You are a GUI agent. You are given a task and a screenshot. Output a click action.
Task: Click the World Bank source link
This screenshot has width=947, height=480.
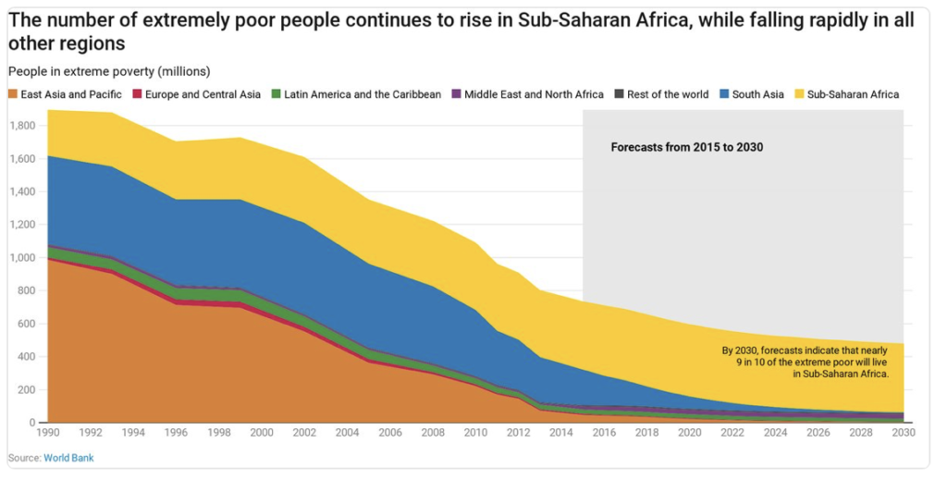pos(69,458)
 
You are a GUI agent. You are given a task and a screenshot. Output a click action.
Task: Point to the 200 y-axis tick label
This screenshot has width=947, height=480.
pos(27,389)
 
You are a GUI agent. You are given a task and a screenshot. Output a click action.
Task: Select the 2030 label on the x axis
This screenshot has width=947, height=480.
pos(904,433)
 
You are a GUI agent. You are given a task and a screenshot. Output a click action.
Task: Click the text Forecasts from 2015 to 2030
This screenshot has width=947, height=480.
pos(686,146)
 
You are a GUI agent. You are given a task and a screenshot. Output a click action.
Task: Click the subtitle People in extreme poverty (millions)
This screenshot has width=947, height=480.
pos(109,71)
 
